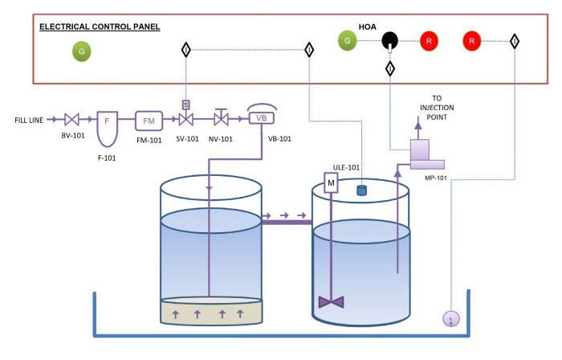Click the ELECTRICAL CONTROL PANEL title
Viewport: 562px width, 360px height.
tap(100, 27)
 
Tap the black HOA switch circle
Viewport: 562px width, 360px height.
tap(390, 39)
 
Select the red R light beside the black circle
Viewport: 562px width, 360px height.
tap(429, 39)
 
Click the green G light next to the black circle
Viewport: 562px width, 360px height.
tap(348, 39)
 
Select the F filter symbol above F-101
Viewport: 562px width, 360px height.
tap(107, 122)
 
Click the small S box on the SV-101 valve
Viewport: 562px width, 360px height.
tap(185, 104)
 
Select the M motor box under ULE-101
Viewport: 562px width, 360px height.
tap(331, 184)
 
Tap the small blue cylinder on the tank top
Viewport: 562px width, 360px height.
tap(361, 190)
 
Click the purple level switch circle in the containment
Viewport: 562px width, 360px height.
tap(451, 319)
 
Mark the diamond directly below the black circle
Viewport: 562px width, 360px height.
tap(390, 69)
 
